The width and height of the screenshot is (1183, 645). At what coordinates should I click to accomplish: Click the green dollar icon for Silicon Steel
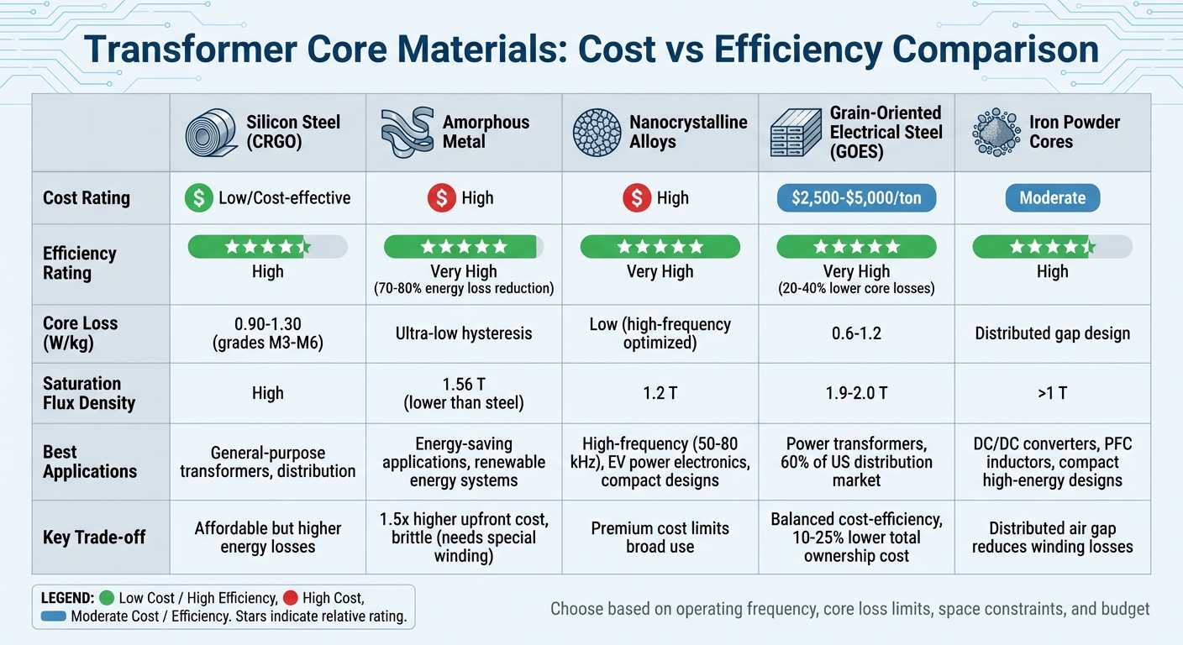pos(198,198)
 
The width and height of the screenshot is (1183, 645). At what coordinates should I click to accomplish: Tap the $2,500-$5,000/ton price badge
pos(856,198)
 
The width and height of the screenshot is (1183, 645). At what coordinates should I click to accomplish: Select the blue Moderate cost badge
pos(1052,198)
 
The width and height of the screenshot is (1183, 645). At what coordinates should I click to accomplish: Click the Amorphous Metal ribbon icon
pos(407,133)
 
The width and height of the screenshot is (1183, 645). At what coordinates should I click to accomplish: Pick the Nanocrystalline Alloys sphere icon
pos(597,133)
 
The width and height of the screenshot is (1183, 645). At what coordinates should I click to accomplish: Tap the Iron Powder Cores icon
pos(996,133)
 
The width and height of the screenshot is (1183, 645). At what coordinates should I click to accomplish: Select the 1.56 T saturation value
pos(464,384)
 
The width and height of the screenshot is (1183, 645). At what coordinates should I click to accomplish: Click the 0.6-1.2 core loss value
pos(856,333)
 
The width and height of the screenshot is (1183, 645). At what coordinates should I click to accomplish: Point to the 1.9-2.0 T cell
pos(856,393)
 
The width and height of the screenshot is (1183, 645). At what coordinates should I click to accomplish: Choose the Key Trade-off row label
pos(94,537)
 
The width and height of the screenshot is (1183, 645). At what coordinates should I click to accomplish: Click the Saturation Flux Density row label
pos(88,393)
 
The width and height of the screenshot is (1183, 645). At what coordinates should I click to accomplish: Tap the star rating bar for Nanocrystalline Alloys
pos(660,246)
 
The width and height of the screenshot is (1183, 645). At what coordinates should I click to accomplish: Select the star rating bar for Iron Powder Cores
pos(1052,246)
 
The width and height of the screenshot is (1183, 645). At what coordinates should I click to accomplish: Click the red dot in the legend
pos(291,599)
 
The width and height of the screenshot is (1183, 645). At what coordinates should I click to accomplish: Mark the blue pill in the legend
pos(53,617)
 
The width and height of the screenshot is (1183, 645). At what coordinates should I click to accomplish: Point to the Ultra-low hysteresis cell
pos(464,333)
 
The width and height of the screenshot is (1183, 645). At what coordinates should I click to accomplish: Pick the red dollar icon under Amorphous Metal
pos(441,198)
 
